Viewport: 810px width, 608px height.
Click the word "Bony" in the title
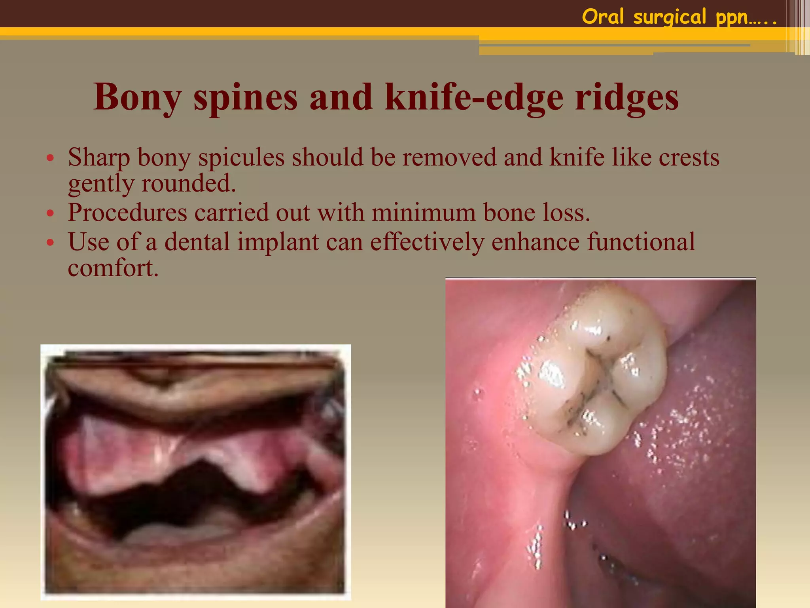[x=138, y=97]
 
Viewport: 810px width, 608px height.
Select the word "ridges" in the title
[x=627, y=97]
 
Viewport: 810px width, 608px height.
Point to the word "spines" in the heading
[x=245, y=97]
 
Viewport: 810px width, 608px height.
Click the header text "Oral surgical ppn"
[x=679, y=17]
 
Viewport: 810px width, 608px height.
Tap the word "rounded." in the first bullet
[x=189, y=183]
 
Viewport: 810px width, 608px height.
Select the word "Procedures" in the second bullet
[x=127, y=213]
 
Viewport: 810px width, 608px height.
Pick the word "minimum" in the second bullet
[x=424, y=213]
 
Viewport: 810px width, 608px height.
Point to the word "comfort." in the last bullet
[x=113, y=268]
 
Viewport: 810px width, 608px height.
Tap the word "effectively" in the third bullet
[x=427, y=242]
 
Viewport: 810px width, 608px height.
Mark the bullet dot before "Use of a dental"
[x=50, y=243]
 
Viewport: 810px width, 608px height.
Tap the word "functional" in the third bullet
[x=641, y=242]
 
